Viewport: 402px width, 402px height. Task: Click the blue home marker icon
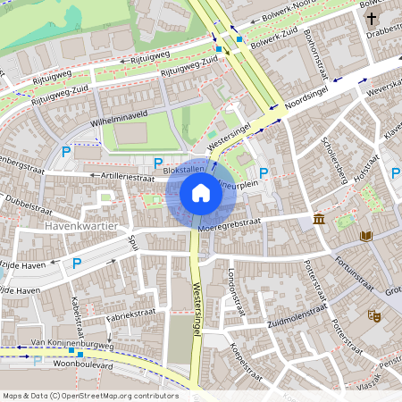pyautogui.click(x=201, y=193)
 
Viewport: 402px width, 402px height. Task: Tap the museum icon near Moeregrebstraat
pyautogui.click(x=319, y=220)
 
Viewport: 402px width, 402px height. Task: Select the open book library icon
pyautogui.click(x=365, y=236)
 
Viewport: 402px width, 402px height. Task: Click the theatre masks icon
pyautogui.click(x=373, y=315)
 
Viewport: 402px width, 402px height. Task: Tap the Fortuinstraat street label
pyautogui.click(x=356, y=268)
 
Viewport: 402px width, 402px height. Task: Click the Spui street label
pyautogui.click(x=133, y=241)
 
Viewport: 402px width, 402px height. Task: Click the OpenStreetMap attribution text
pyautogui.click(x=89, y=395)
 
